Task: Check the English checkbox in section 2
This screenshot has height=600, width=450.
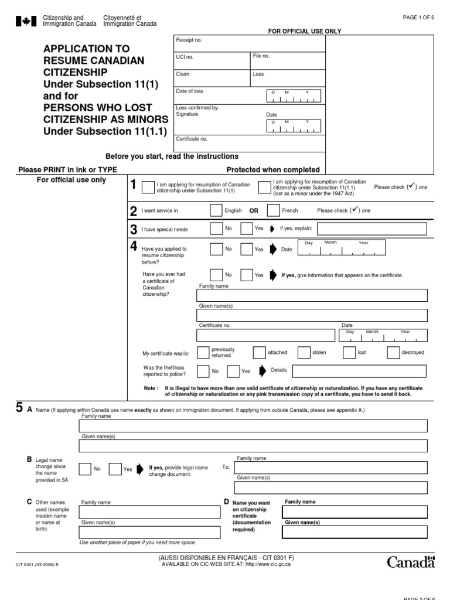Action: (216, 210)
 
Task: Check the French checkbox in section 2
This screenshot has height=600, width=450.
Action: (273, 210)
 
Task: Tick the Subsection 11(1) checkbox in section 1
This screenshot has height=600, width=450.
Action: (149, 187)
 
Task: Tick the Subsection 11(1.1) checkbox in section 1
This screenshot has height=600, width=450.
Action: (264, 187)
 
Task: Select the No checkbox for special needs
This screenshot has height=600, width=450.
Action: (216, 229)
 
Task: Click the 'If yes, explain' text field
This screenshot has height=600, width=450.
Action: (374, 229)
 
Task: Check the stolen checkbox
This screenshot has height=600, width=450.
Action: (304, 352)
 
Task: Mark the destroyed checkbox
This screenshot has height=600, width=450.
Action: (393, 352)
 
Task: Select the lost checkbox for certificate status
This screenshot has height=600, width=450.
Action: (349, 352)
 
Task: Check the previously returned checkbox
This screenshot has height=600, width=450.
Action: (203, 352)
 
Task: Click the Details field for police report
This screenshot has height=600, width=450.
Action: (359, 371)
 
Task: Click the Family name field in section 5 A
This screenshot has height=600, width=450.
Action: (253, 426)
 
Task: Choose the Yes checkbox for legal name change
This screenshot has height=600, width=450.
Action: (115, 469)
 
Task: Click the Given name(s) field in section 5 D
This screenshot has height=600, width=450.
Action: (354, 532)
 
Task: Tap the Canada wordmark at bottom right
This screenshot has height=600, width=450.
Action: (411, 562)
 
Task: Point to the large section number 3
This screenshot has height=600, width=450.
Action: (134, 229)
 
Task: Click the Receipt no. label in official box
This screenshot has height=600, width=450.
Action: (189, 40)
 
